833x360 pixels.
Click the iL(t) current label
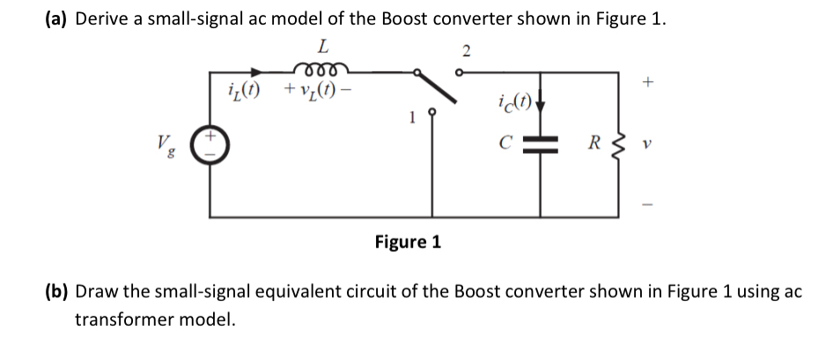[245, 90]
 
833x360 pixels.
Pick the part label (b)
[56, 292]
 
